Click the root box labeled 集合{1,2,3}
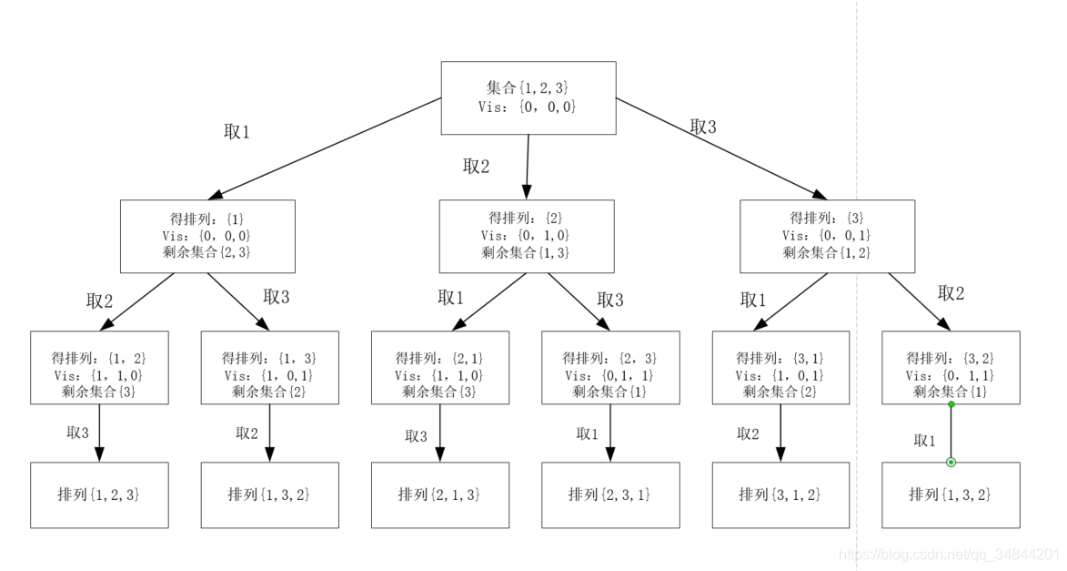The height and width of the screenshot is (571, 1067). (x=528, y=98)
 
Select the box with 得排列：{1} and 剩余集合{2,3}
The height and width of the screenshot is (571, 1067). (x=207, y=236)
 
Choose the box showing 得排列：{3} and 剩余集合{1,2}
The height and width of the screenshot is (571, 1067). (x=827, y=236)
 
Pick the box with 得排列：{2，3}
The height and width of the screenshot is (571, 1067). (x=610, y=367)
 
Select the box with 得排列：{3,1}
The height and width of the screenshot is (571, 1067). (x=780, y=367)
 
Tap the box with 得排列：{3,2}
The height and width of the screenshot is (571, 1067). (x=951, y=367)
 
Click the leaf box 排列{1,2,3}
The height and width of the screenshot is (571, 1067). (x=99, y=495)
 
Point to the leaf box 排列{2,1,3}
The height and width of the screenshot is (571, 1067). (x=439, y=495)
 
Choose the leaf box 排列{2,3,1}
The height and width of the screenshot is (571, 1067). (x=610, y=495)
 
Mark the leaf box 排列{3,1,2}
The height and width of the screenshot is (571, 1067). (x=780, y=495)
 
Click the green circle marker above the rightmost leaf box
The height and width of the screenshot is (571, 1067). (x=951, y=463)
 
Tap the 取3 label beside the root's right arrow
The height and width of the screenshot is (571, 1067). (x=703, y=127)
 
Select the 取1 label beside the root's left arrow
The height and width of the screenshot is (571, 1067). (x=237, y=132)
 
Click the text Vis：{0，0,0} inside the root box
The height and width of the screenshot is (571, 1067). (x=528, y=107)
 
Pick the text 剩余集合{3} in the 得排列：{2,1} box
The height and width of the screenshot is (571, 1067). (x=439, y=392)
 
